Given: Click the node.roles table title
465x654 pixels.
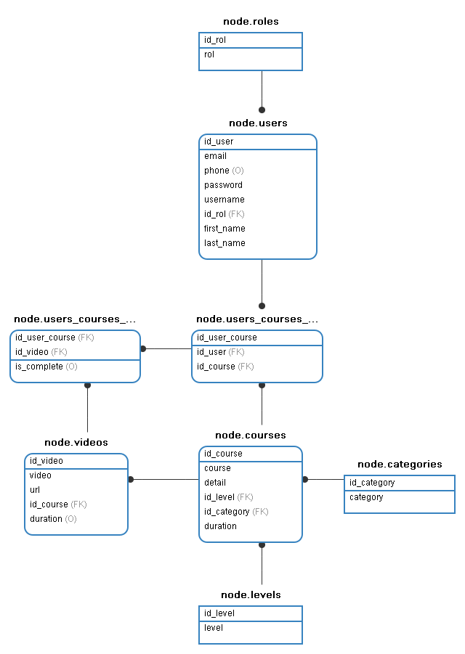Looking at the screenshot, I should [251, 22].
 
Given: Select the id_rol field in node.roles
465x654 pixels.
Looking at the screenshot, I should [215, 40].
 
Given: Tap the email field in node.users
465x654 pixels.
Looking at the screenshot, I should [216, 156].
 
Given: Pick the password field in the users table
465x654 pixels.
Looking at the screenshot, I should [223, 185].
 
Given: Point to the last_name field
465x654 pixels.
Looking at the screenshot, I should [225, 243].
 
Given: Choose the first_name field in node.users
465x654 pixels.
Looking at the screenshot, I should [225, 229].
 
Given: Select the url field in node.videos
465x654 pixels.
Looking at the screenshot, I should [35, 490].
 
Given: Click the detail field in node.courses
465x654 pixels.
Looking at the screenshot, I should [215, 483].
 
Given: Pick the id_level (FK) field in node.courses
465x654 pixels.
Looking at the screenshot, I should [228, 497].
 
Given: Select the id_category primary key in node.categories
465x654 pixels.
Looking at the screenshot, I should [372, 483].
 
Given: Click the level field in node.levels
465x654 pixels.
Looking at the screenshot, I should [214, 628].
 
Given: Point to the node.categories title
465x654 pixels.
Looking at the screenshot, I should [399, 465].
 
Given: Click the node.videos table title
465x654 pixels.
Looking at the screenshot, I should [76, 443].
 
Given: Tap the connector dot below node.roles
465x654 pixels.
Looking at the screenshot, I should [262, 110].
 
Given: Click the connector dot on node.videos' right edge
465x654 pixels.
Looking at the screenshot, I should [131, 479].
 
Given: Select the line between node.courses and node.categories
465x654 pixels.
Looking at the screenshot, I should [325, 479].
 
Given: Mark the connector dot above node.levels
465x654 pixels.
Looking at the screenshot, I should [262, 544].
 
